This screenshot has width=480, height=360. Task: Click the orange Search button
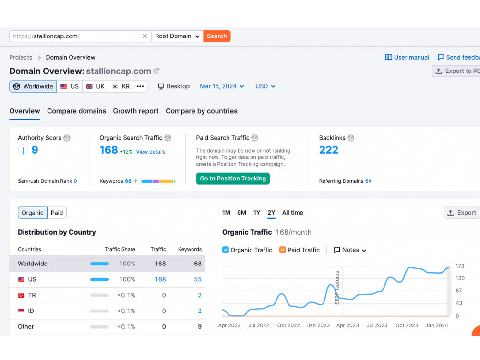coord(217,36)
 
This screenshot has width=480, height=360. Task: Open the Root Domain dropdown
coord(177,36)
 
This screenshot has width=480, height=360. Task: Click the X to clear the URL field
coord(145,36)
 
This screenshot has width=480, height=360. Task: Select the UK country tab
coord(95,86)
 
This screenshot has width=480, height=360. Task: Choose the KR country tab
coord(121,86)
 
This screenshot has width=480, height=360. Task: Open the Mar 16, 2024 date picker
coord(222,86)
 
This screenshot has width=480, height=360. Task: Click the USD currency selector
coord(265,86)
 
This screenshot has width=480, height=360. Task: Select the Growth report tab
coord(136,111)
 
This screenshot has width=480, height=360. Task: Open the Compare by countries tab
coord(202,111)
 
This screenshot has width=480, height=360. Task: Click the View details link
coord(151,152)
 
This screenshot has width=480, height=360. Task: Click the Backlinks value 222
coord(328,150)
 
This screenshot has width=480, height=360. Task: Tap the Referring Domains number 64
coord(368,181)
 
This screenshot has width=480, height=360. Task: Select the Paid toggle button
coord(57,213)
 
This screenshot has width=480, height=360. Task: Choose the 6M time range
coord(241,213)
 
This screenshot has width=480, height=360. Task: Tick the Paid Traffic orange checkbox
coord(283,250)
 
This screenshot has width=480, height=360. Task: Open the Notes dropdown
coord(350,250)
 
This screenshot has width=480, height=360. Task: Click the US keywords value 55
coord(198,279)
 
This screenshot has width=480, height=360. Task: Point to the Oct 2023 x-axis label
coord(407,325)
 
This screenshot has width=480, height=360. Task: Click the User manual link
coord(407,57)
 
